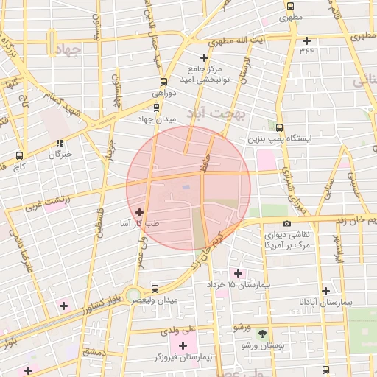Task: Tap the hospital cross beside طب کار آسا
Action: point(140,212)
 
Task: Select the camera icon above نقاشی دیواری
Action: point(286,223)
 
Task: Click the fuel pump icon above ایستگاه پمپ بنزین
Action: point(278,127)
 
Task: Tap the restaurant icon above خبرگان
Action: point(59,144)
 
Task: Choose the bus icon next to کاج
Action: point(19,155)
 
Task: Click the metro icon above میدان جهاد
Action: point(155,108)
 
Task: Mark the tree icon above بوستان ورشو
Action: point(262,334)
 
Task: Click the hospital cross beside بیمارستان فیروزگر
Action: point(183,345)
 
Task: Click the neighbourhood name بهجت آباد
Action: point(219,113)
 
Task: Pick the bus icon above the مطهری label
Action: point(290,5)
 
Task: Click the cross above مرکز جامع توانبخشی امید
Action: point(205,57)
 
